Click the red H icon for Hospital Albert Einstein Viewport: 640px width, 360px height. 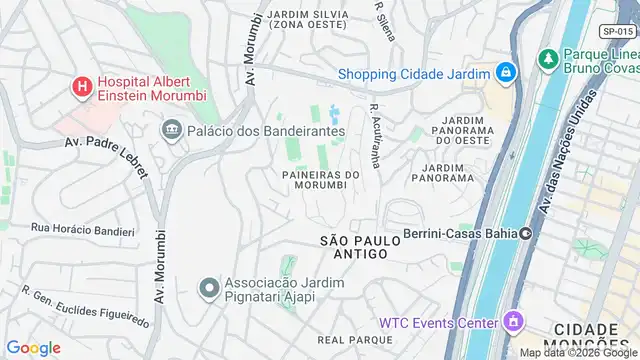point(81,88)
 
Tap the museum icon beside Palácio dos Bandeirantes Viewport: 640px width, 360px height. point(171,130)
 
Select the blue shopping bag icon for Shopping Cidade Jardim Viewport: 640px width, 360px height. point(507,73)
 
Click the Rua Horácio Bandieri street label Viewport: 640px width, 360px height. point(82,231)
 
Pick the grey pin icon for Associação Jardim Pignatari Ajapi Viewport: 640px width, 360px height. point(208,290)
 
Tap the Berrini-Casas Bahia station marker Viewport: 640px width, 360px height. point(526,234)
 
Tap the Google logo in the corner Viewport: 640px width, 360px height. point(34,347)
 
